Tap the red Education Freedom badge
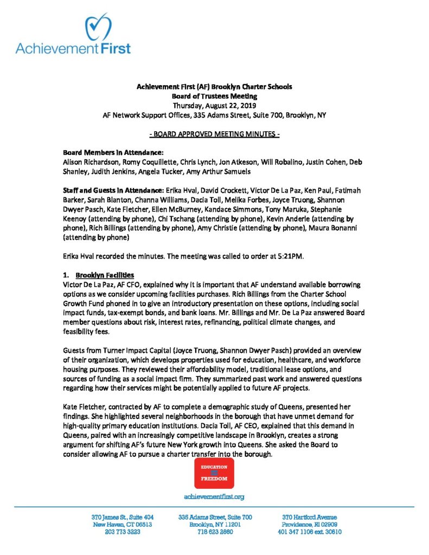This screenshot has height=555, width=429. click(x=214, y=473)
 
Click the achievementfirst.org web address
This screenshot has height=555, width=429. click(x=214, y=496)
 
